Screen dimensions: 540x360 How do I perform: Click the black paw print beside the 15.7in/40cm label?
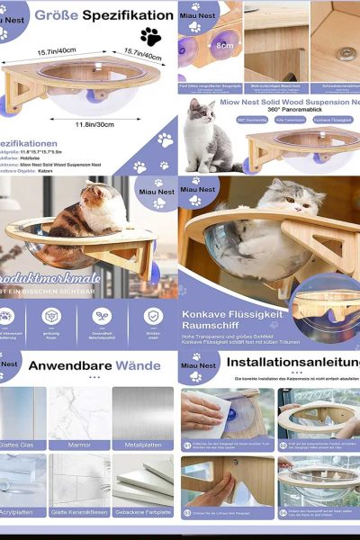pyautogui.click(x=150, y=37)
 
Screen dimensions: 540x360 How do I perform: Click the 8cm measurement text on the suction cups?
pyautogui.click(x=222, y=43)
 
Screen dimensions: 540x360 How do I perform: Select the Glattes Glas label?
pyautogui.click(x=21, y=444)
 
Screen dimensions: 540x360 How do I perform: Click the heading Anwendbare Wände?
pyautogui.click(x=87, y=367)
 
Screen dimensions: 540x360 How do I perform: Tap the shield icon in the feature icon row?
pyautogui.click(x=152, y=316)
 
